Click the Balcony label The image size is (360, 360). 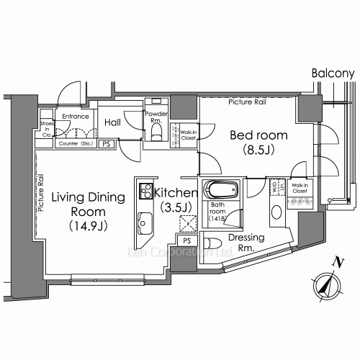tap(334, 73)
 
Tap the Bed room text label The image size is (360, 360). tap(258, 135)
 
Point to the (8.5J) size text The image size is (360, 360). tap(258, 151)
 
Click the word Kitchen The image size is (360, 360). tap(176, 193)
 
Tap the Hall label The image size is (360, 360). tap(112, 123)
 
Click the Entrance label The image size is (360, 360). tap(74, 115)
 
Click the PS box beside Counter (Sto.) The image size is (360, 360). tap(107, 144)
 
